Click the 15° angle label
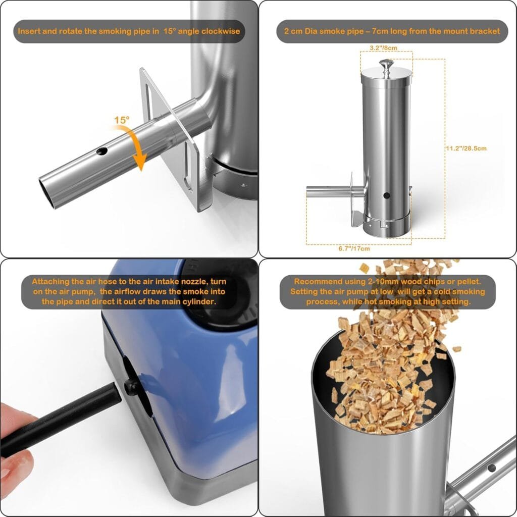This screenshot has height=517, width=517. click(121, 121)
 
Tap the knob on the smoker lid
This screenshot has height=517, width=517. click(386, 65)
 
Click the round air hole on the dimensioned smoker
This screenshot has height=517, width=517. click(386, 195)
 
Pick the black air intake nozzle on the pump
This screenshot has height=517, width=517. click(132, 388)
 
